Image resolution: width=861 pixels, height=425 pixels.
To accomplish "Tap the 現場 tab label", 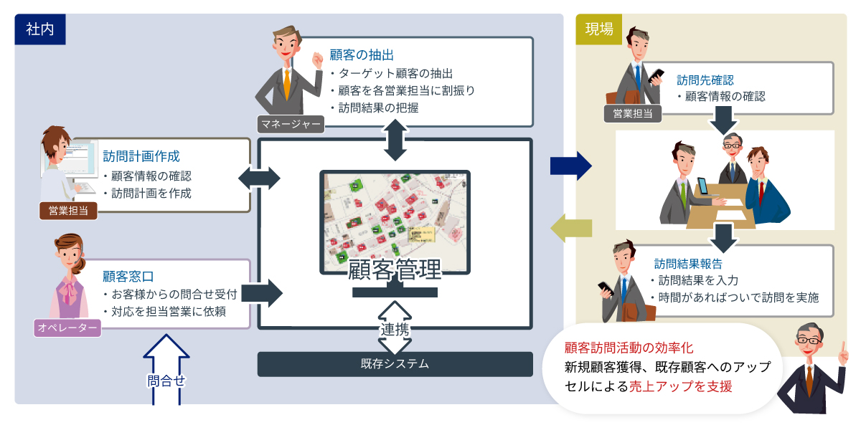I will click(599, 29).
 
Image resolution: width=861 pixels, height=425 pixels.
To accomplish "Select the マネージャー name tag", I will click(291, 124).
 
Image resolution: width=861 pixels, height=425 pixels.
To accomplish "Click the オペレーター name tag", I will click(67, 328).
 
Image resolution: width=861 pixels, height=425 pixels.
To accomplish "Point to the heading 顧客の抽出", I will click(362, 55).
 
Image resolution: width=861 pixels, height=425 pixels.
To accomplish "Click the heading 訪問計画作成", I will click(141, 156).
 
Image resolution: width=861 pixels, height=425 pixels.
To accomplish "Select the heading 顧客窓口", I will click(128, 276).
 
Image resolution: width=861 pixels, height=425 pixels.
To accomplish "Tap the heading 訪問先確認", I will click(705, 80).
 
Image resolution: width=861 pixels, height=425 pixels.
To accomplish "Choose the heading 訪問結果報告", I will click(688, 263).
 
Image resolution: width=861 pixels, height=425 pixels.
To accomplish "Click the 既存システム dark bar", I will click(395, 364).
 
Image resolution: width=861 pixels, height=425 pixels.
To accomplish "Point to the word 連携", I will click(395, 330).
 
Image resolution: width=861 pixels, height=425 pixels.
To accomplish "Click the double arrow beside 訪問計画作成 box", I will click(259, 178).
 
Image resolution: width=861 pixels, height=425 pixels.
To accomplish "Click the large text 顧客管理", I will click(395, 272).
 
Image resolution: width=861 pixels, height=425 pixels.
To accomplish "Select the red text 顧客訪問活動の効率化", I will click(629, 348).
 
